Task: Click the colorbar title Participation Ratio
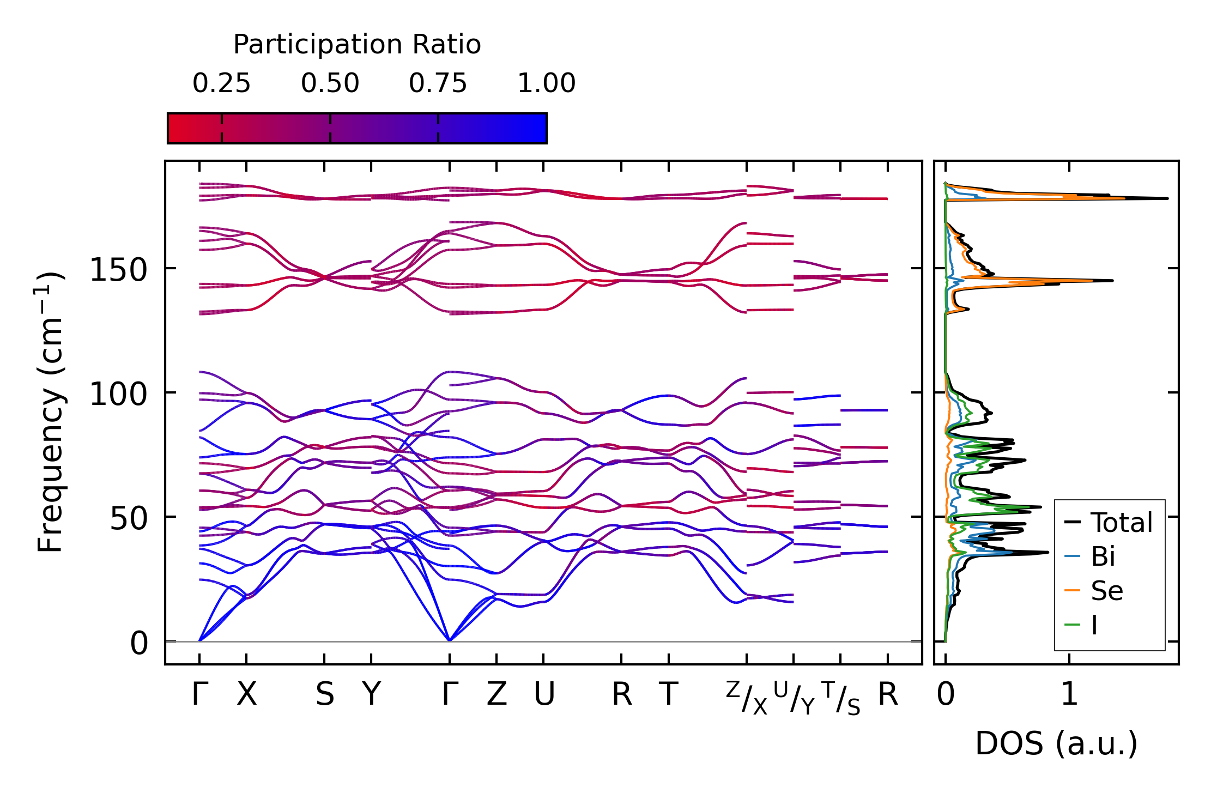[x=357, y=45]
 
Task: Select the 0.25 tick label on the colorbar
[x=221, y=83]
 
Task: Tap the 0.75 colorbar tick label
[x=438, y=83]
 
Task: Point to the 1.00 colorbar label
[x=546, y=83]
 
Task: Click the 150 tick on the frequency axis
[x=118, y=270]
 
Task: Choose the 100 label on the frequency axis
[x=118, y=394]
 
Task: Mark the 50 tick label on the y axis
[x=129, y=518]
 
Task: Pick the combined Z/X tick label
[x=746, y=698]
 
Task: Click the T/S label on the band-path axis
[x=840, y=698]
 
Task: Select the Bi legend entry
[x=1103, y=556]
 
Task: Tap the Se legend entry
[x=1106, y=591]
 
